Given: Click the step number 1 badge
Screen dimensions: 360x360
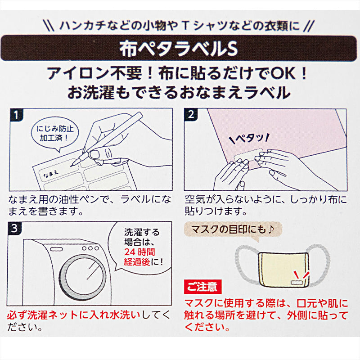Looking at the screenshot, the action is pyautogui.click(x=16, y=115).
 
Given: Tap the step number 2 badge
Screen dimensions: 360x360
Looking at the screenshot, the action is pyautogui.click(x=191, y=114).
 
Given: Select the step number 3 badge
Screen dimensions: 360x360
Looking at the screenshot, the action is pyautogui.click(x=14, y=228).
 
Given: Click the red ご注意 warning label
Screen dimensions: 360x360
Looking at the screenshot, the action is pyautogui.click(x=203, y=287).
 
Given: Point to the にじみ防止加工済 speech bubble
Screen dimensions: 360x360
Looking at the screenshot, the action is pyautogui.click(x=55, y=134).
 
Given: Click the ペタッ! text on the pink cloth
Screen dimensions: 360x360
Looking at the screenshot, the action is pyautogui.click(x=249, y=138).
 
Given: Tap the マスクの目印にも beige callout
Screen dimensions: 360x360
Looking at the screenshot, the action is pyautogui.click(x=233, y=229).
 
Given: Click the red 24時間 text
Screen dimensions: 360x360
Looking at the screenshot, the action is pyautogui.click(x=139, y=252).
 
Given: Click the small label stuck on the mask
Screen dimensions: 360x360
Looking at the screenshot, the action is pyautogui.click(x=297, y=283).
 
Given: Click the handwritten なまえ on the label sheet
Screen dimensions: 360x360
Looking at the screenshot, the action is pyautogui.click(x=50, y=174).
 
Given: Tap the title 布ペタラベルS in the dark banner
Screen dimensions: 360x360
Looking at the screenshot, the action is pyautogui.click(x=179, y=49).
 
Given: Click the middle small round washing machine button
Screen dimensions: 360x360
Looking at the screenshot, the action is pyautogui.click(x=90, y=248).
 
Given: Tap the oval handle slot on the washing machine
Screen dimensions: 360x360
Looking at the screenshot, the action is pyautogui.click(x=57, y=249).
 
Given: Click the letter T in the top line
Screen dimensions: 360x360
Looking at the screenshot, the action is pyautogui.click(x=185, y=26).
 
